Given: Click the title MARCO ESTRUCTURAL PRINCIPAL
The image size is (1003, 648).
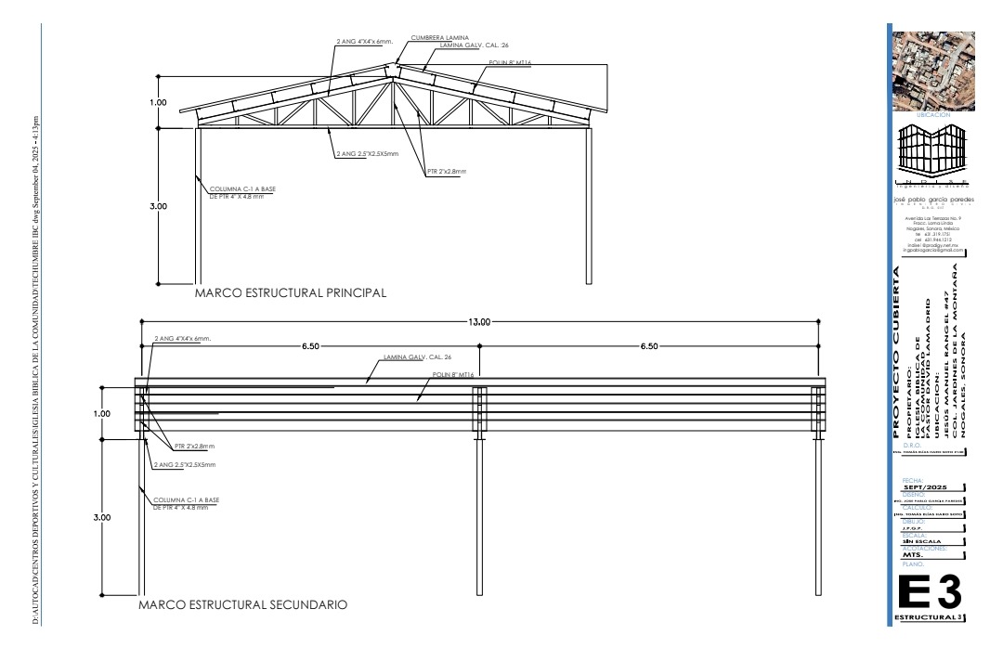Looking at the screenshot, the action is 290,292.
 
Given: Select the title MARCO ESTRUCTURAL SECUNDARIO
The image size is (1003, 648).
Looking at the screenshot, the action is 242,605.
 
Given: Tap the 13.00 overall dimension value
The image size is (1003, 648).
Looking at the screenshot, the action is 479,321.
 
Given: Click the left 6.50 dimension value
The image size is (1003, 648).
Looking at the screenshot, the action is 311,345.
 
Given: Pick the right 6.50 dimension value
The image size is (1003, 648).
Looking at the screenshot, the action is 648,345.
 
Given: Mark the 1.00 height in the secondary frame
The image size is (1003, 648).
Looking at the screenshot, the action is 104,413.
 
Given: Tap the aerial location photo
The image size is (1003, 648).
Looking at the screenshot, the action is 933,72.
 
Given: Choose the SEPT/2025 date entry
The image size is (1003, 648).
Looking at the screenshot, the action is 924,486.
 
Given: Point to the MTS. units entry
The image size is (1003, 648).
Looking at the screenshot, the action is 916,556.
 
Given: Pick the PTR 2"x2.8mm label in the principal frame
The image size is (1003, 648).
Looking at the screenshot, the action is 447,172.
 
